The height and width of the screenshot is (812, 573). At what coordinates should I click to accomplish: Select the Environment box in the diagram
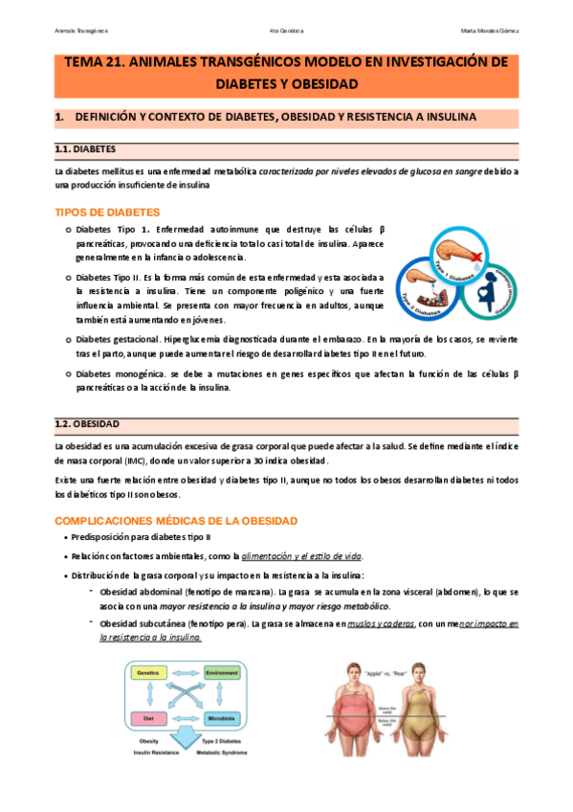pyautogui.click(x=220, y=673)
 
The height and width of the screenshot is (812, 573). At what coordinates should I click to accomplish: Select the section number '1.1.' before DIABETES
pyautogui.click(x=62, y=150)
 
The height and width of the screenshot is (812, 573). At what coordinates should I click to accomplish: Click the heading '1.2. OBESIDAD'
pyautogui.click(x=87, y=423)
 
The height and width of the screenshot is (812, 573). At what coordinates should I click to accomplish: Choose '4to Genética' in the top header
pyautogui.click(x=287, y=31)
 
